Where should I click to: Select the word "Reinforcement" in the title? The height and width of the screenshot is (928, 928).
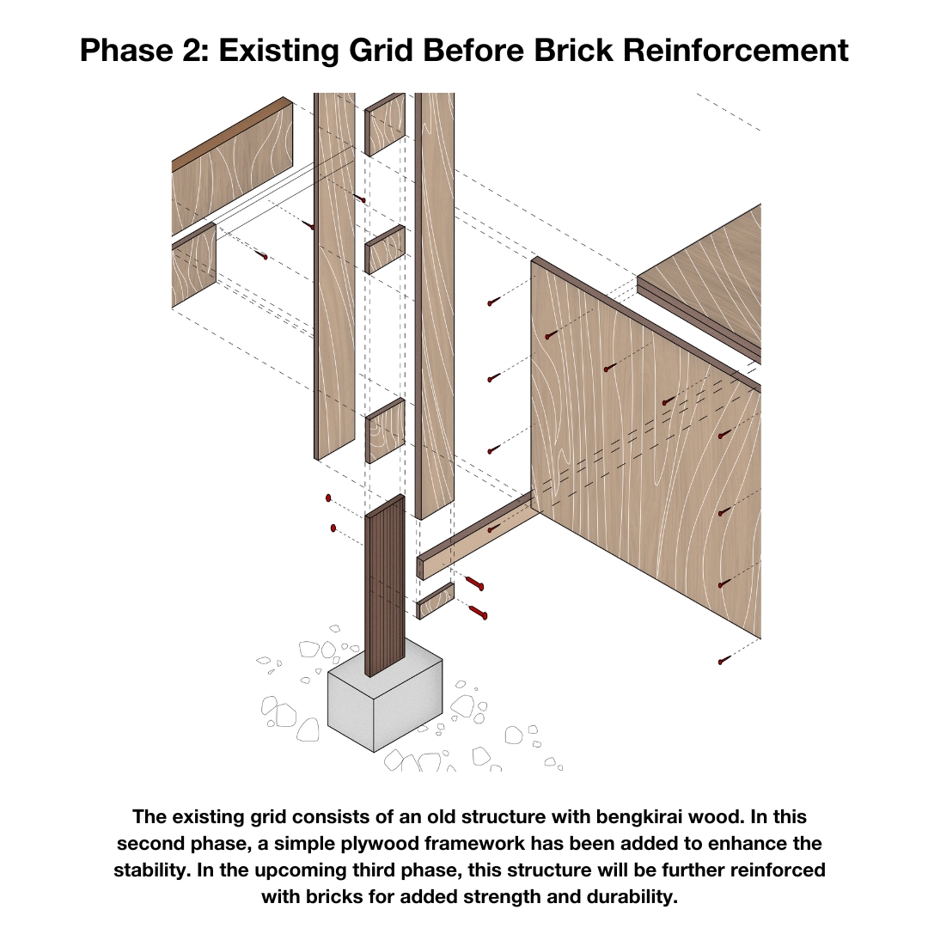736,50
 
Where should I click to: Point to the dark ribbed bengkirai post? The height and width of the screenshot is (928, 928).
385,586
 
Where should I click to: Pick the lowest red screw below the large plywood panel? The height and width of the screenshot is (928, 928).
723,660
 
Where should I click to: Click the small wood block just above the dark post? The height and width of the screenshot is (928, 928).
385,430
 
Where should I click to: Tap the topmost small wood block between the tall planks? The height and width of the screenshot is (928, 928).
385,125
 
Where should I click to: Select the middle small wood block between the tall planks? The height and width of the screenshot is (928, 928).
385,249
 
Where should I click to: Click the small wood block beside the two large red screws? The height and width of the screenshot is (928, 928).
436,601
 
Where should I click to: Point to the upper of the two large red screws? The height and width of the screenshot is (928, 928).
474,583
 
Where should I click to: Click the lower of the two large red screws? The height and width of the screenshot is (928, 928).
478,612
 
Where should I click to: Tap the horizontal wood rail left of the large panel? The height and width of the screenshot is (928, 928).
476,535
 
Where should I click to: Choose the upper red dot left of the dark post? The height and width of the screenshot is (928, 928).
328,498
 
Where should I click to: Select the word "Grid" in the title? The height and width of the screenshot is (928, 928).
381,50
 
